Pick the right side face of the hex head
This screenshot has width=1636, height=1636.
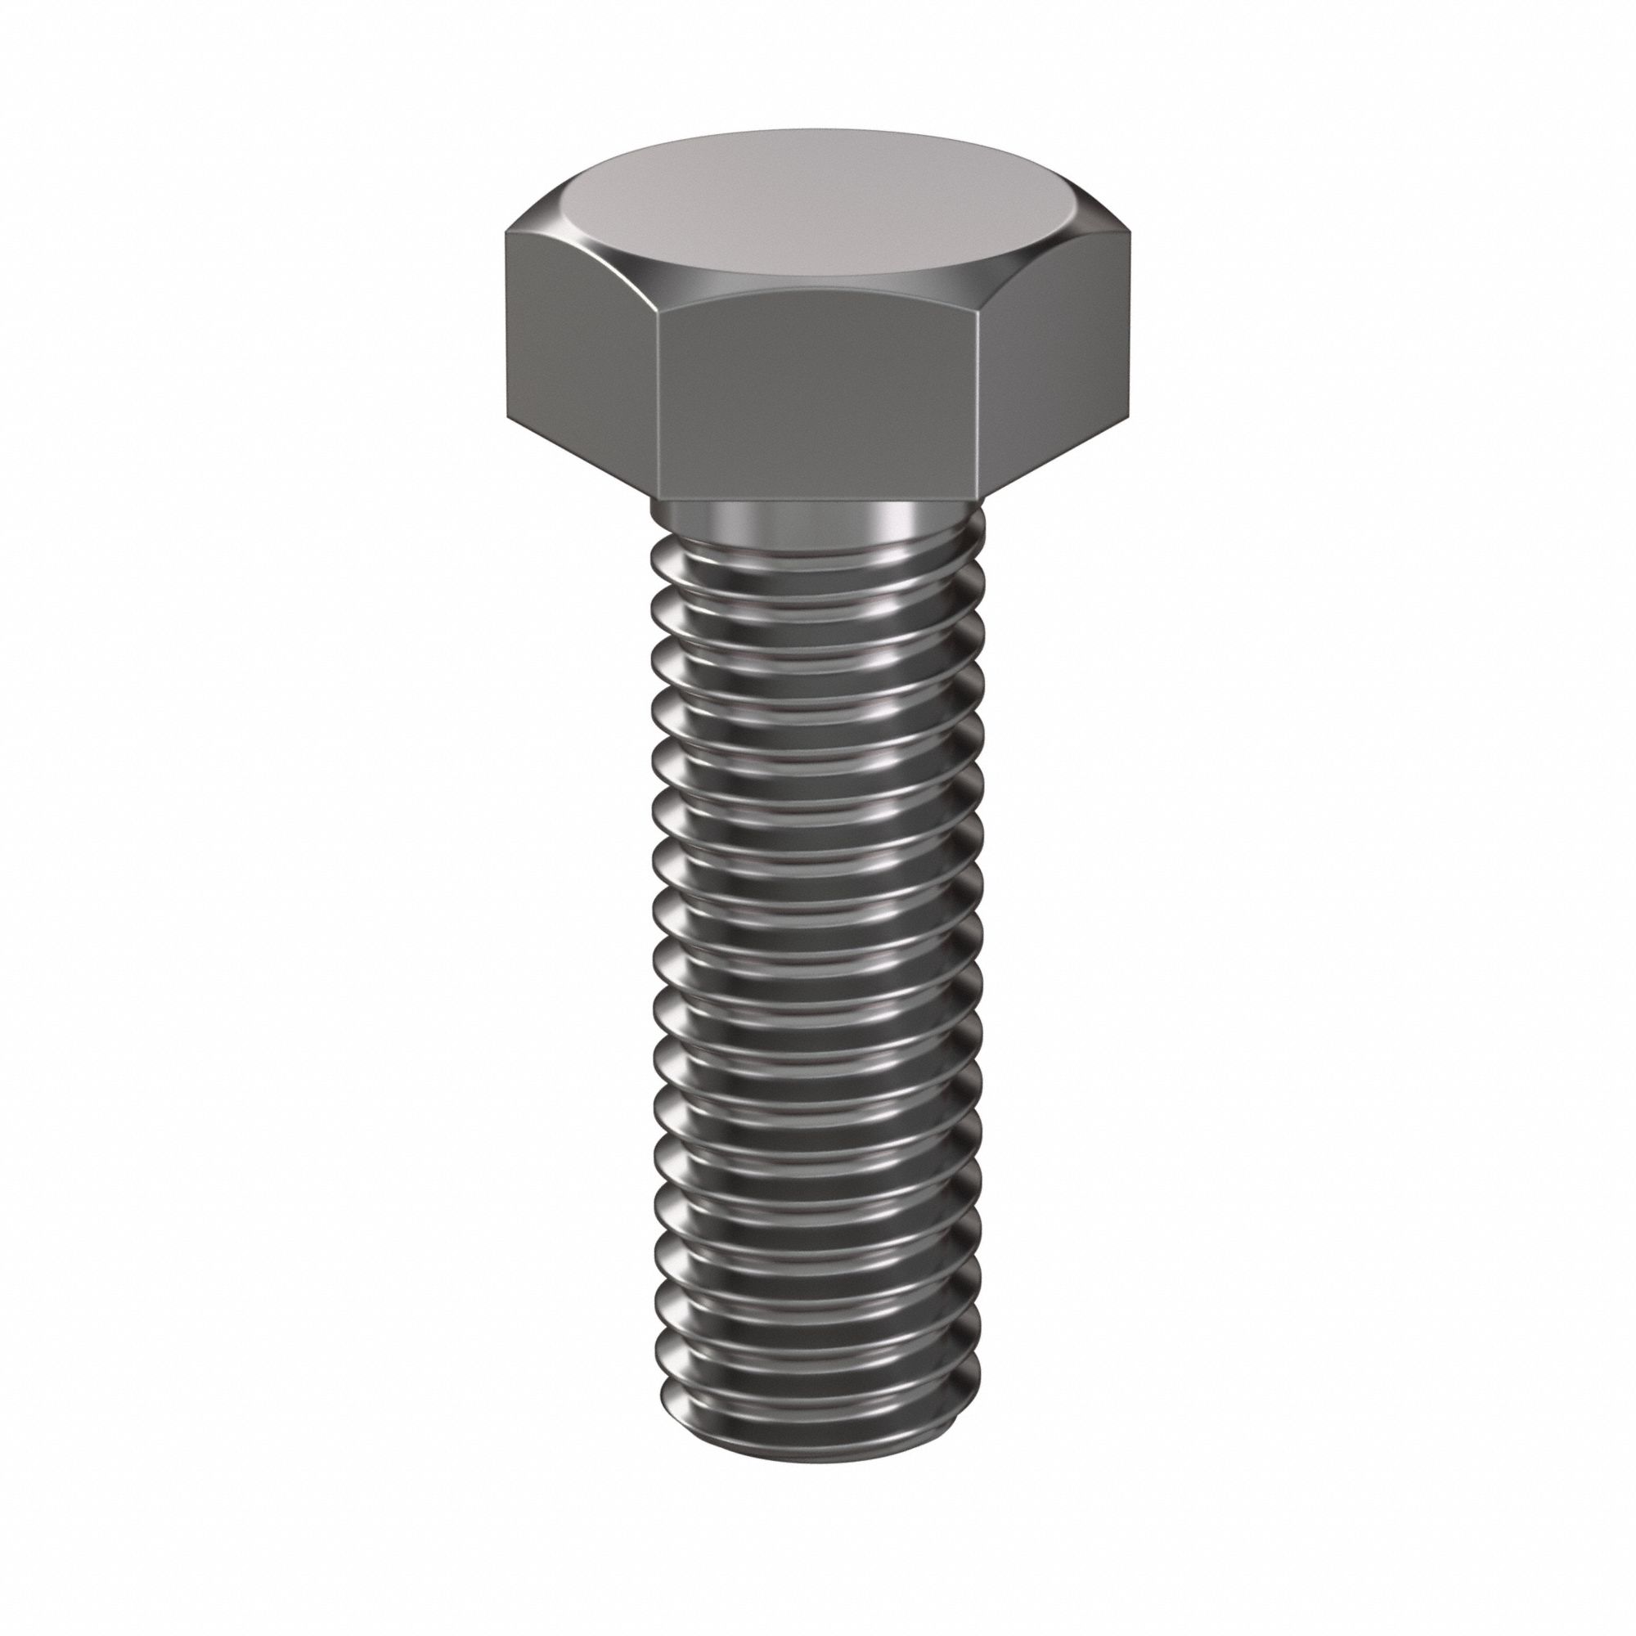(1063, 356)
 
